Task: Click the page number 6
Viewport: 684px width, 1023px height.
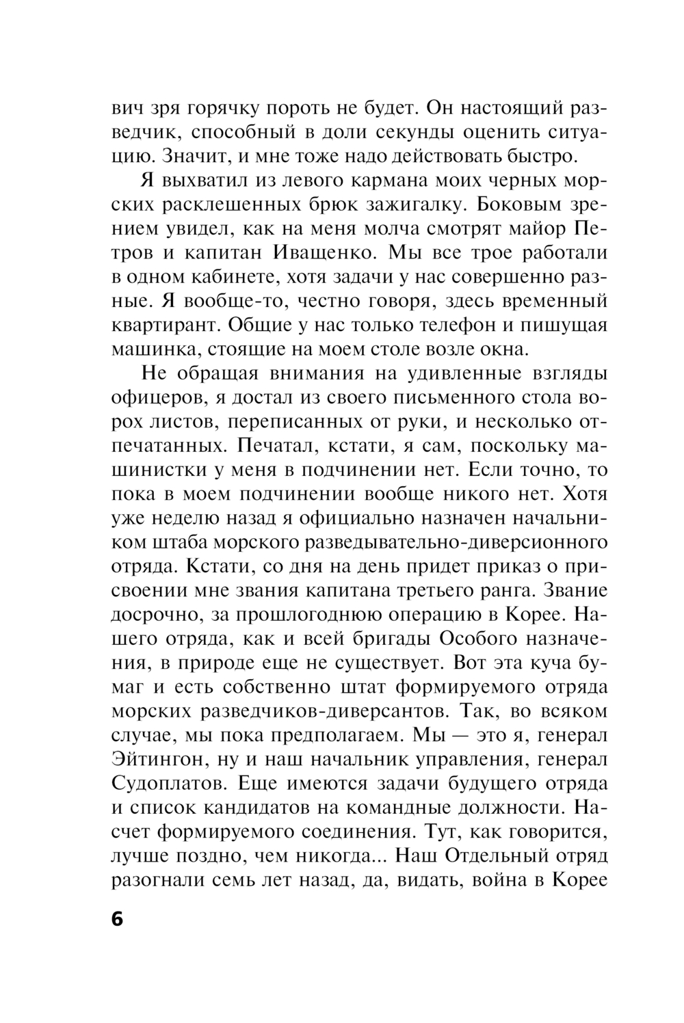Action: pyautogui.click(x=116, y=919)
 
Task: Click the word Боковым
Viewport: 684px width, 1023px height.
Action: pyautogui.click(x=523, y=205)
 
